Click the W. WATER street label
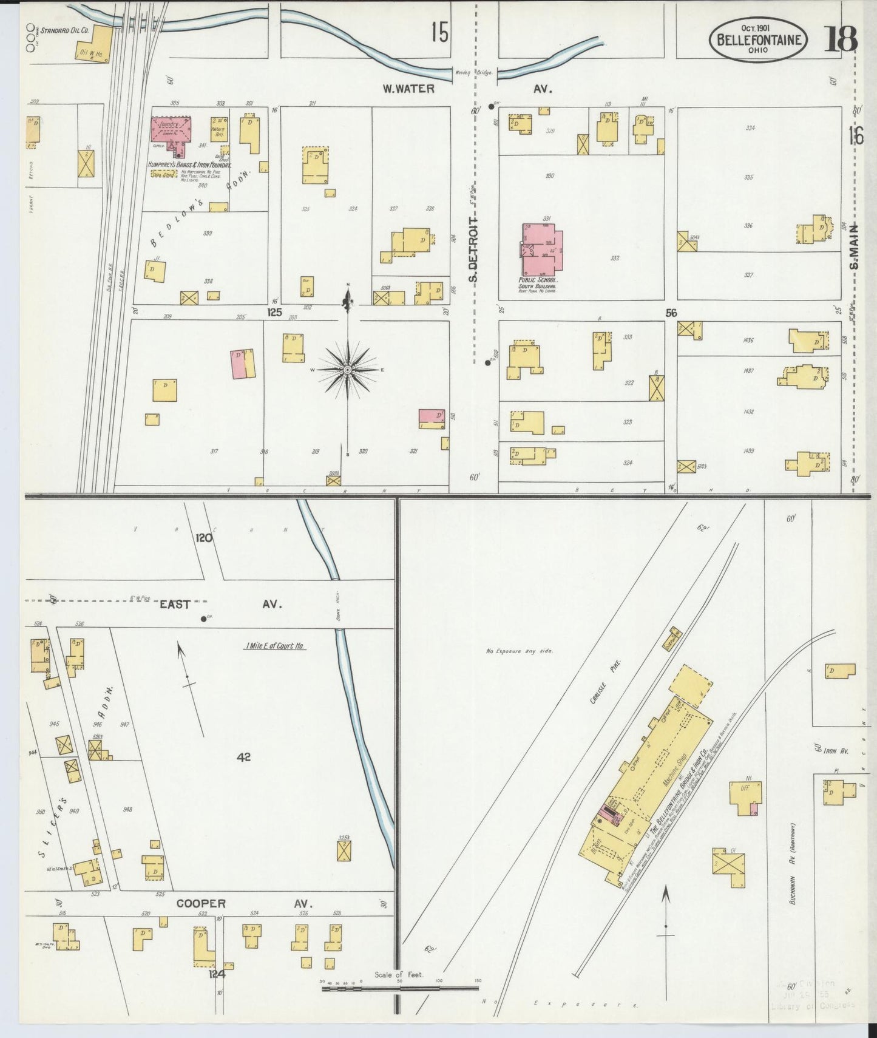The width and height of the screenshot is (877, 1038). [x=408, y=89]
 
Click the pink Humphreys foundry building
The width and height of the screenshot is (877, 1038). [x=171, y=131]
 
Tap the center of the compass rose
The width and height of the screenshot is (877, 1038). [x=347, y=370]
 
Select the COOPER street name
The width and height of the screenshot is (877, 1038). [x=200, y=904]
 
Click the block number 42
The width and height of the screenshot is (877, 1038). [x=244, y=757]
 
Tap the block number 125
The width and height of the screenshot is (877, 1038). [x=275, y=313]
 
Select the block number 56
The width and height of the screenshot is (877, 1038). [x=671, y=313]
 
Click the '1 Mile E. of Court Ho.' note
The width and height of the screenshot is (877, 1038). [x=275, y=646]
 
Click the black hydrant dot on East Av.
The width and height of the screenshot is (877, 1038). [x=203, y=619]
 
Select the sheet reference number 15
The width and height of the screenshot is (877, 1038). [x=440, y=32]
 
